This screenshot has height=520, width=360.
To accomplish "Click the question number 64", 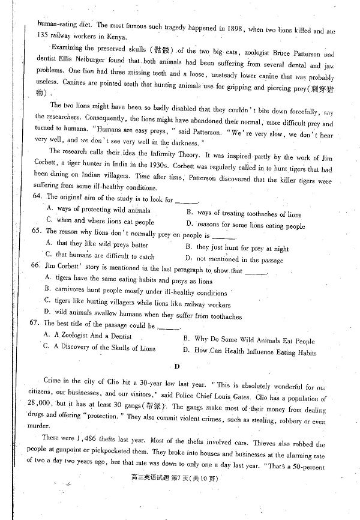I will point(36,198).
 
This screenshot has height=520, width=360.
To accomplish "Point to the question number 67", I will point(36,325).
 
